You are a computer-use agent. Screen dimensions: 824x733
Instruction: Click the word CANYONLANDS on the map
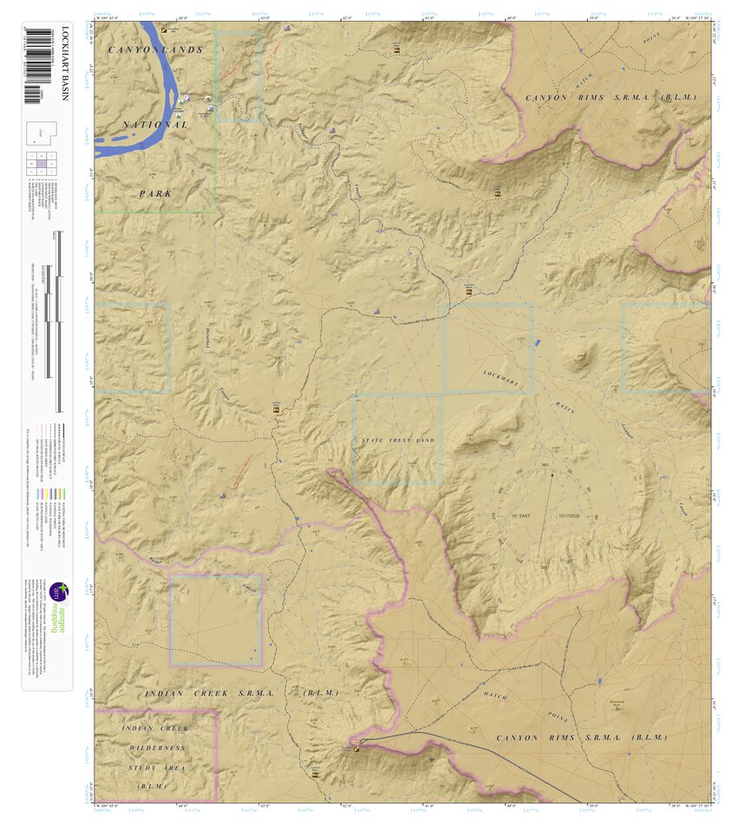click(x=155, y=49)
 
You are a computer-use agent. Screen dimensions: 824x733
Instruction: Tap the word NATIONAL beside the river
click(x=154, y=125)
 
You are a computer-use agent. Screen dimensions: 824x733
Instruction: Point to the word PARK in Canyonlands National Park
click(x=155, y=193)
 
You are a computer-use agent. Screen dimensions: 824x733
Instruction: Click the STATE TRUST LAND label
click(x=397, y=440)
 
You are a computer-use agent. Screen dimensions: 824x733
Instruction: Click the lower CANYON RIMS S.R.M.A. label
click(x=580, y=737)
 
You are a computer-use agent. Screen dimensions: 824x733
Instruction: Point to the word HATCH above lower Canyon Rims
click(x=494, y=696)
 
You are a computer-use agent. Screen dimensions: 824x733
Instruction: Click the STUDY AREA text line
click(x=156, y=767)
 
